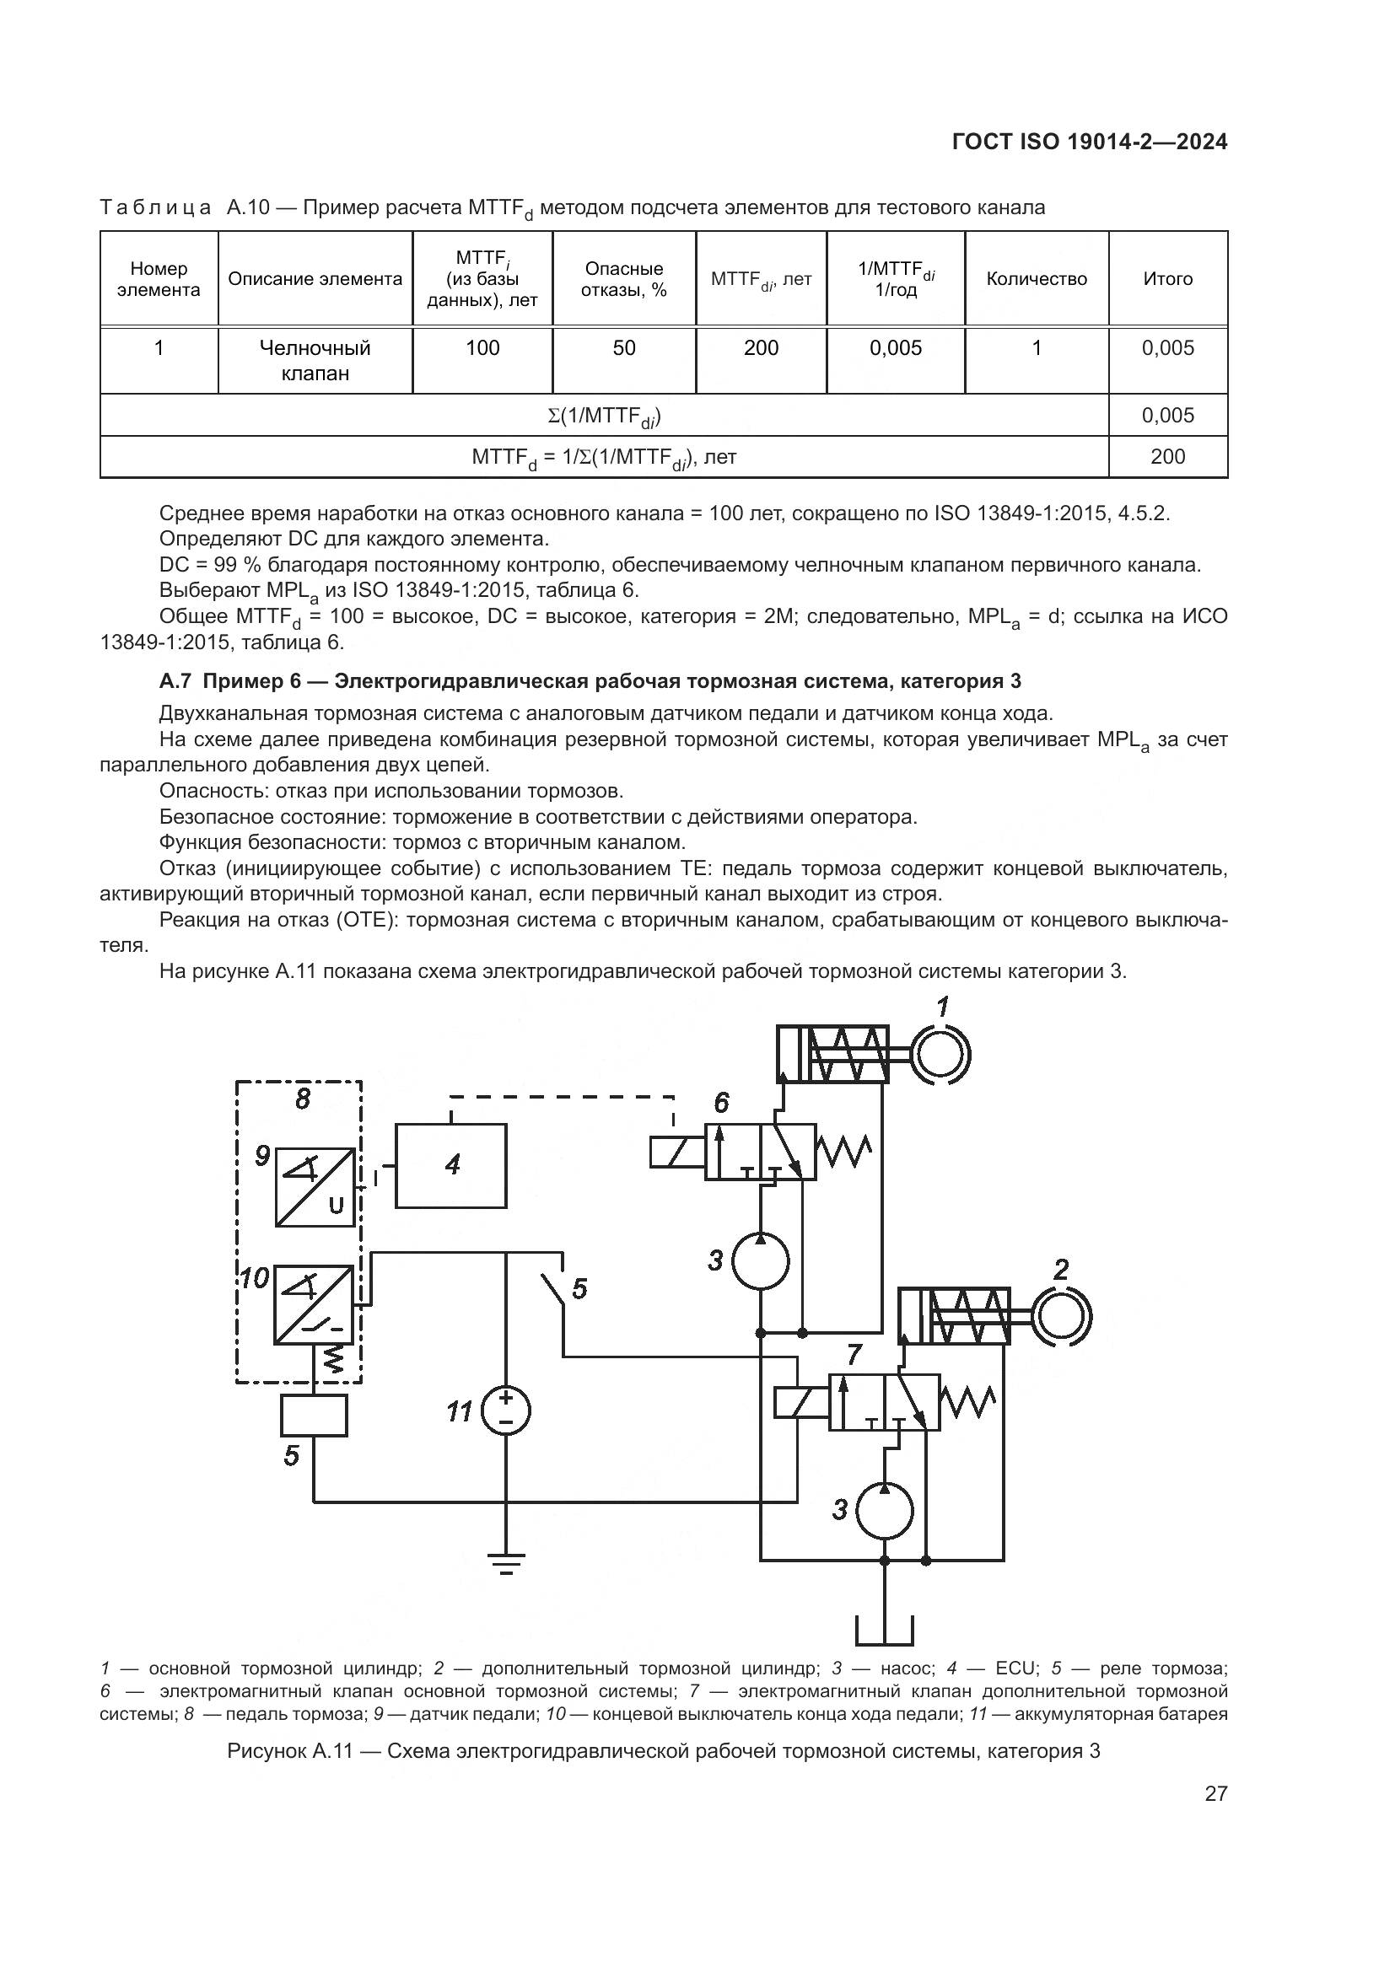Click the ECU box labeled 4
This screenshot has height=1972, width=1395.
(450, 1165)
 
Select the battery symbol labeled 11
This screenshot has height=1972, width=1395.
(505, 1411)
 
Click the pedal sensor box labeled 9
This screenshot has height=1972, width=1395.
(315, 1187)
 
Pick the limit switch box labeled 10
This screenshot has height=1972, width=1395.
(314, 1304)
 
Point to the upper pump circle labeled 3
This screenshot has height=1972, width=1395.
(760, 1260)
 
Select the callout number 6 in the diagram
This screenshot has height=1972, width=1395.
(722, 1103)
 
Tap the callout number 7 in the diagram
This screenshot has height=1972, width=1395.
(854, 1355)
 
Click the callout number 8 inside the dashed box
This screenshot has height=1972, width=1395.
(303, 1099)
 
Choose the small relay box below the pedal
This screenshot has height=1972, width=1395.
(314, 1415)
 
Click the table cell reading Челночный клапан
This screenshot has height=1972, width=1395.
(315, 360)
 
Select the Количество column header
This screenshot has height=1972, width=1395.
(1036, 279)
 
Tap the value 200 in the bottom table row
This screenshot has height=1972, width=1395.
(1167, 457)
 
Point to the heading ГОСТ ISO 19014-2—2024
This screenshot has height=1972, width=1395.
(1089, 142)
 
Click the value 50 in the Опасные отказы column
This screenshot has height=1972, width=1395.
(623, 348)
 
